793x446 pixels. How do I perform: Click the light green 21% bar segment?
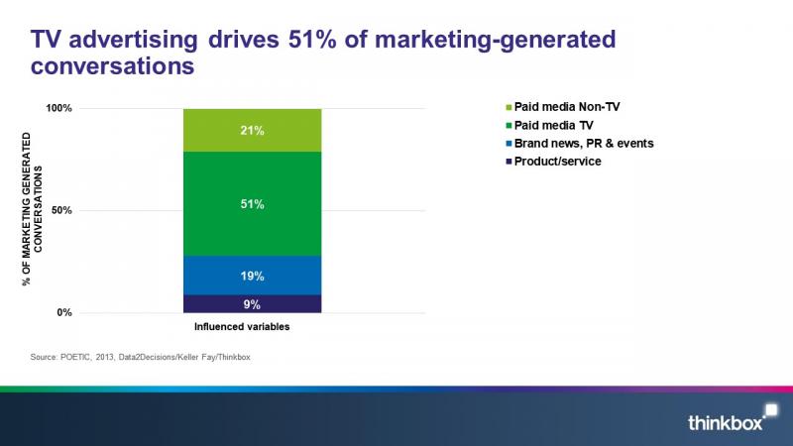253,130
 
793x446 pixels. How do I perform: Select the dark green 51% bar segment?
253,204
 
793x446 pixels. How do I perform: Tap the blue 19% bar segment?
253,276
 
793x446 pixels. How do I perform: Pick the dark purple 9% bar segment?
253,304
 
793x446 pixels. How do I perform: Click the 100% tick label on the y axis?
59,108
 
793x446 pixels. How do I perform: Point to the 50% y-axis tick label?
61,210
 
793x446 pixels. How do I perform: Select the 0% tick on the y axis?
64,312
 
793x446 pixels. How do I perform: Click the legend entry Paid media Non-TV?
562,107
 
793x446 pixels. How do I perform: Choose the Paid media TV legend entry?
549,126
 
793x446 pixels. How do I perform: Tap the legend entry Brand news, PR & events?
580,144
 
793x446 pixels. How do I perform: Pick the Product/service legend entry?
553,162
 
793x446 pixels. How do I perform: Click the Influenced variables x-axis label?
242,327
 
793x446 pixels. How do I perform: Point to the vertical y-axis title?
33,209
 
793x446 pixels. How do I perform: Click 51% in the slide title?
312,40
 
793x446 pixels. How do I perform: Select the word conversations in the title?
112,65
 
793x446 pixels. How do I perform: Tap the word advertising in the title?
133,41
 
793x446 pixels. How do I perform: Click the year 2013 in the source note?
105,357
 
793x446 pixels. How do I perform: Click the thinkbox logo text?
725,422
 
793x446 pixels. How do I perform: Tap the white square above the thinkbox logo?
771,409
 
